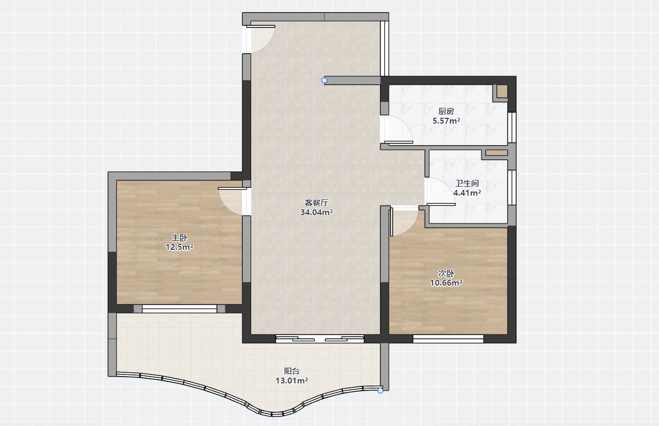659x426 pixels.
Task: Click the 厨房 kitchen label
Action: (446, 111)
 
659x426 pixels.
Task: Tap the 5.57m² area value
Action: (446, 121)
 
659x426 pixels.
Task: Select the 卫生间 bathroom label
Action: (467, 184)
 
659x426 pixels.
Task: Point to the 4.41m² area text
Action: (467, 193)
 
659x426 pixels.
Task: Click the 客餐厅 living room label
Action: (316, 202)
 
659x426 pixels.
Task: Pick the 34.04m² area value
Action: (316, 212)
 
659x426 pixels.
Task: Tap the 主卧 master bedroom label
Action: (179, 238)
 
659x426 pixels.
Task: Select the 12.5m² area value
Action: (179, 247)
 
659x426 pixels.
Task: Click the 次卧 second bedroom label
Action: (446, 273)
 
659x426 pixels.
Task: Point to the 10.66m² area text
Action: (446, 283)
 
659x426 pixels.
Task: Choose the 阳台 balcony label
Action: (292, 371)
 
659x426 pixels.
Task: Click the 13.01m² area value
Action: (292, 380)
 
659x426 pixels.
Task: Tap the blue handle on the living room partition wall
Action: (324, 80)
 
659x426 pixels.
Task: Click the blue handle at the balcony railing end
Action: (380, 390)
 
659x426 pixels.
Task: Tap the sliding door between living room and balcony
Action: (320, 339)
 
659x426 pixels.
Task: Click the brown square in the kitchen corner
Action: (502, 92)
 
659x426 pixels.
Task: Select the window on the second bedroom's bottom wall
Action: (448, 339)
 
